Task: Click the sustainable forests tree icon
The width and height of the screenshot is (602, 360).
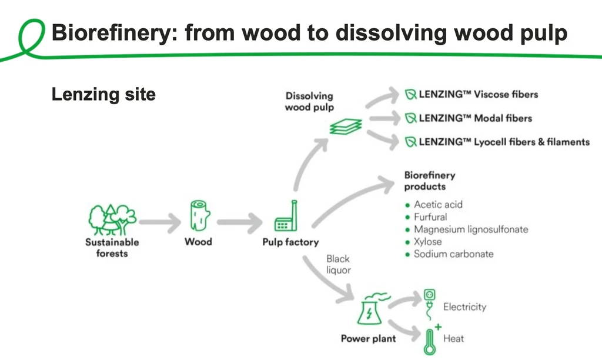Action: coord(112,220)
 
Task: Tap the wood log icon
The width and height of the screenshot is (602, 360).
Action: coord(200,215)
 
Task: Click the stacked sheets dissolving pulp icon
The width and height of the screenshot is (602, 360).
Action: coord(346,126)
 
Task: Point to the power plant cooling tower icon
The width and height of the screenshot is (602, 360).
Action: coord(372,308)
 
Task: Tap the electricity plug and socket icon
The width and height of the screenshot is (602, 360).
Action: coord(430,304)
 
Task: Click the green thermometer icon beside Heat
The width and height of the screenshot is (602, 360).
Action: coord(432,339)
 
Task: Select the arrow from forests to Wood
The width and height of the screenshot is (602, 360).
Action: coord(160,222)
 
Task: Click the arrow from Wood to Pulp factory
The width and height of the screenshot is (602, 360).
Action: coord(240,222)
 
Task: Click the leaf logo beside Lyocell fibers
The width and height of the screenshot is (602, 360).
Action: coord(411,142)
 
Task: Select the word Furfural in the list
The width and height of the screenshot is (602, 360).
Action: coord(430,217)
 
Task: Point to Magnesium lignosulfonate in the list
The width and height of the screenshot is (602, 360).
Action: coord(471,229)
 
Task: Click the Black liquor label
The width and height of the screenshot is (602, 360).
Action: coord(338,264)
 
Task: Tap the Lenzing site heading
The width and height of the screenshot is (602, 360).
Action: coord(103,95)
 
